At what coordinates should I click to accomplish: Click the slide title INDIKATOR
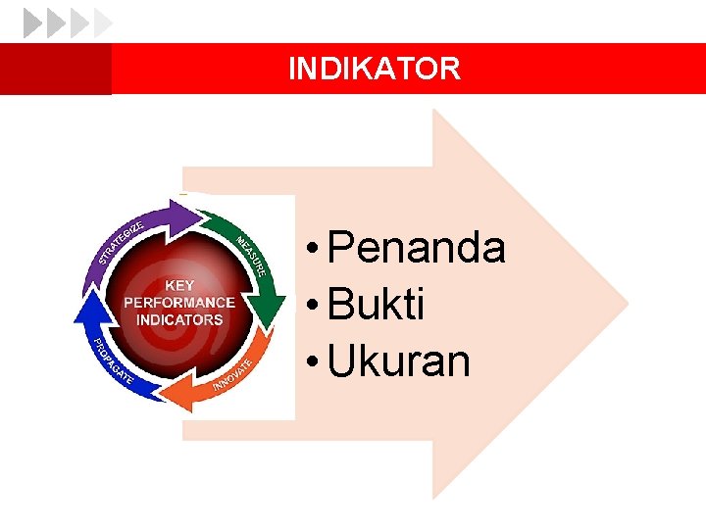pyautogui.click(x=374, y=69)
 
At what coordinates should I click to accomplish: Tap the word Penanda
pyautogui.click(x=417, y=248)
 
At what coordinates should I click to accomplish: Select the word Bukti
pyautogui.click(x=377, y=306)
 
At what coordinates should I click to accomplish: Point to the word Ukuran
pyautogui.click(x=399, y=361)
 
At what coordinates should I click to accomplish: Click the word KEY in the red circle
pyautogui.click(x=178, y=285)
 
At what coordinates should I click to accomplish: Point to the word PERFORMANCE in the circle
pyautogui.click(x=178, y=303)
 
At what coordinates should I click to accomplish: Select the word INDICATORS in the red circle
pyautogui.click(x=178, y=319)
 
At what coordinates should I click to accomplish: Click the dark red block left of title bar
pyautogui.click(x=55, y=69)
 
